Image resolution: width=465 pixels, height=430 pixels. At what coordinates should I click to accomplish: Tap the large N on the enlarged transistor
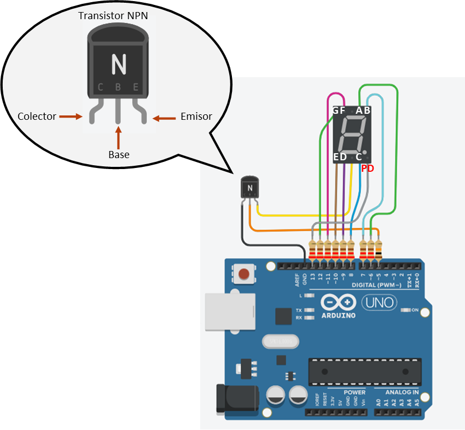[118, 65]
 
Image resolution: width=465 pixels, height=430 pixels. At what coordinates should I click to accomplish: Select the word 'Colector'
[37, 117]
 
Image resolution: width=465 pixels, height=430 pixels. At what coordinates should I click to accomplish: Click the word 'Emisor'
[196, 117]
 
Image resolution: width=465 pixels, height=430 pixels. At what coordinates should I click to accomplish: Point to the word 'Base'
[119, 155]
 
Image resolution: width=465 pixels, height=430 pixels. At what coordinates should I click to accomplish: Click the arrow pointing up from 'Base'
[118, 136]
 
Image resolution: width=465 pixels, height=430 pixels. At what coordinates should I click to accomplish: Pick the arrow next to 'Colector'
[70, 117]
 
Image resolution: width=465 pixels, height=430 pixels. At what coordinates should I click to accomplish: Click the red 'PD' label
[368, 169]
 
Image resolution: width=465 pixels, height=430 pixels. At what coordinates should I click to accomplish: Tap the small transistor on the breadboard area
[249, 187]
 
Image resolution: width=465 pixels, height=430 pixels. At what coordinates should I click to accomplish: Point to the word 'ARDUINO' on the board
[338, 316]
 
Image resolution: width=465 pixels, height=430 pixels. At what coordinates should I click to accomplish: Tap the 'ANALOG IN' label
[402, 392]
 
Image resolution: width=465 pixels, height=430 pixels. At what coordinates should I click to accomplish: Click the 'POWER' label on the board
[354, 392]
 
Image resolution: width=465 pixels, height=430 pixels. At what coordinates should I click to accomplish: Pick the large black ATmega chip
[365, 371]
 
